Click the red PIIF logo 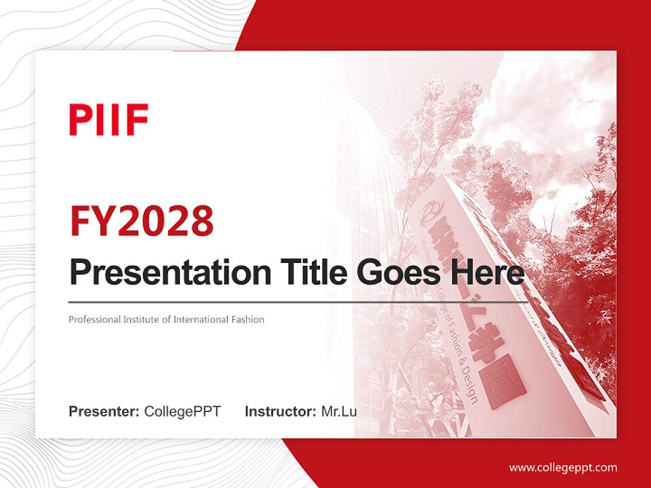point(108,120)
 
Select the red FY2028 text point(142,221)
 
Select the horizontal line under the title point(298,302)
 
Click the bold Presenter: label point(104,411)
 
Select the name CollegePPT point(182,411)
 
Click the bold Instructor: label point(280,411)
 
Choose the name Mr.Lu point(338,411)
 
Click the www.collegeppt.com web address point(563,467)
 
